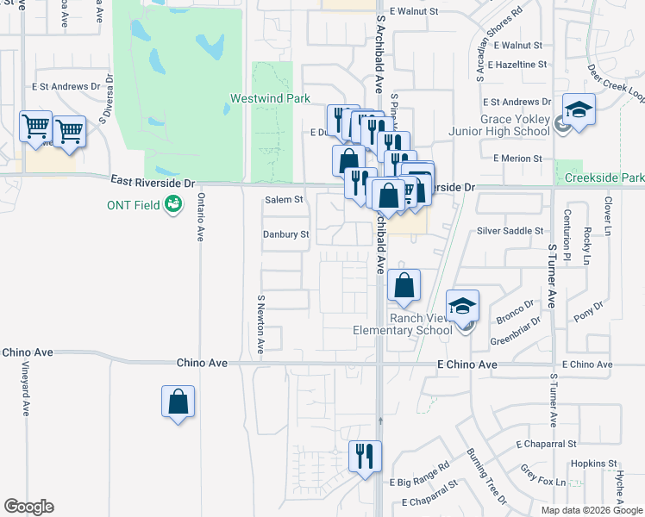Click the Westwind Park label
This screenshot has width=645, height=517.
[x=270, y=99]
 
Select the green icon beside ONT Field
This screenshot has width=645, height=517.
[x=173, y=204]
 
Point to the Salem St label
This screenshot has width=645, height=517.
[x=284, y=199]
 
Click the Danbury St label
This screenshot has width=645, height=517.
[x=285, y=234]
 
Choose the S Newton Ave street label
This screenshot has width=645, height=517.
[x=260, y=324]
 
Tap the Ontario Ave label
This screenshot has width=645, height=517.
[x=200, y=216]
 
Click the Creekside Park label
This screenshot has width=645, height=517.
[x=604, y=178]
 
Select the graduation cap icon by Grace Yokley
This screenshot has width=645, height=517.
[x=579, y=109]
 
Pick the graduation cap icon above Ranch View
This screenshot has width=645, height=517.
[x=462, y=305]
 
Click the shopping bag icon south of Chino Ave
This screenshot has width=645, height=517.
[x=178, y=401]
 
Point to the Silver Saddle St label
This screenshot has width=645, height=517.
[x=510, y=231]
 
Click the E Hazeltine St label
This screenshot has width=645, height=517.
[x=517, y=65]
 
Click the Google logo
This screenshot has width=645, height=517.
[x=28, y=507]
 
